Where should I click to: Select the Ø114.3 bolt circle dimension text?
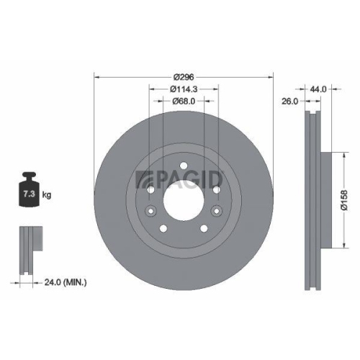(184, 89)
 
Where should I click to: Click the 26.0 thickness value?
(289, 102)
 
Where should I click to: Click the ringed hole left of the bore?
(150, 212)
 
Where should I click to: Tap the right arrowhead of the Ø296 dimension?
(272, 78)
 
